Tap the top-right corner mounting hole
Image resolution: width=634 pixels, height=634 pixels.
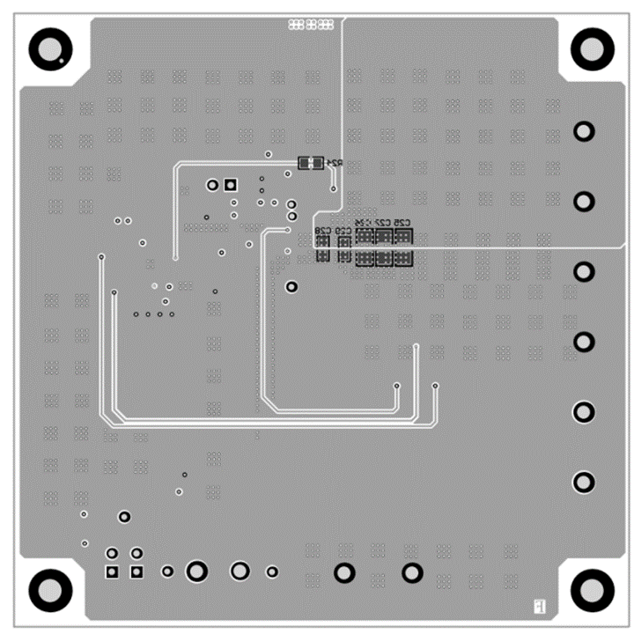(x=591, y=48)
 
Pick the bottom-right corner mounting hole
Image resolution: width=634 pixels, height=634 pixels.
(x=591, y=587)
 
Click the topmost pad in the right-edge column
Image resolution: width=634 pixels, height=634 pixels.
(x=584, y=132)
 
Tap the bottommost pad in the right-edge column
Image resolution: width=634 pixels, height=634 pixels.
(x=584, y=483)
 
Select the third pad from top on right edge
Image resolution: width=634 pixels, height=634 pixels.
(x=584, y=271)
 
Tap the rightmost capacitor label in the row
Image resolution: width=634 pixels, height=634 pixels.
(x=402, y=222)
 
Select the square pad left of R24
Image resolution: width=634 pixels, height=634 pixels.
(x=231, y=185)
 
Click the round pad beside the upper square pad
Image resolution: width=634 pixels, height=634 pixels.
(x=212, y=186)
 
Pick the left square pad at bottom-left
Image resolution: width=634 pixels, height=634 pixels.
(x=112, y=572)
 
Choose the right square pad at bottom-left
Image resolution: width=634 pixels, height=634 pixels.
(x=136, y=572)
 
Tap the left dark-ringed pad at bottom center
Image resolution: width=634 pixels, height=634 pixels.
(x=344, y=574)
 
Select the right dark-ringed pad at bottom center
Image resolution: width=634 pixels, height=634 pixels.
(x=411, y=574)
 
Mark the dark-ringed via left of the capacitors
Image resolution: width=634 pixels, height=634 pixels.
(x=291, y=287)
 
